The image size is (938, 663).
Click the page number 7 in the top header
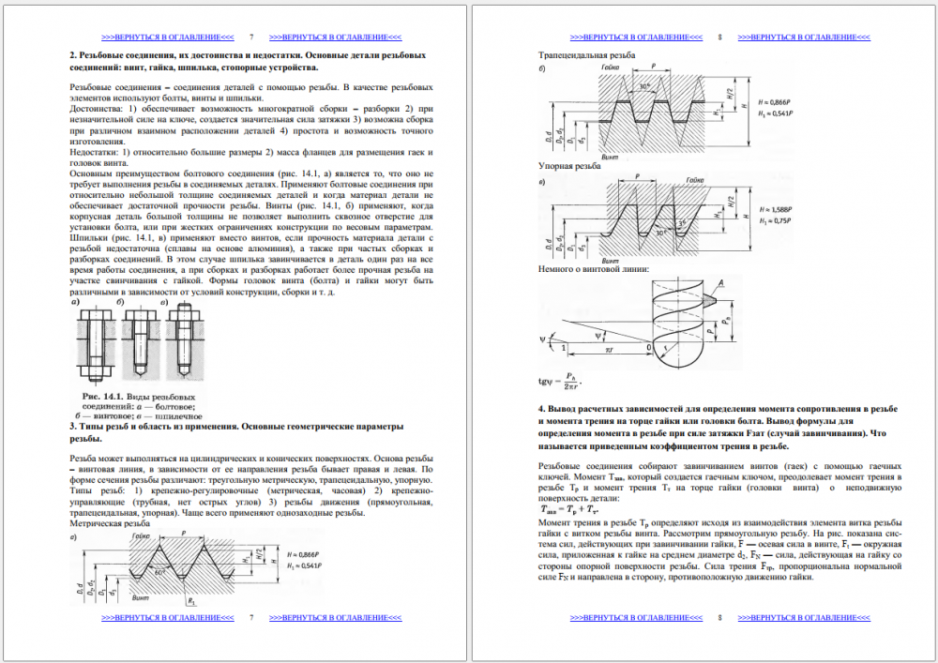251,38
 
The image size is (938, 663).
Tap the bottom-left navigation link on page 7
168,619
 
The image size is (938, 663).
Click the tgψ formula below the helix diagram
561,382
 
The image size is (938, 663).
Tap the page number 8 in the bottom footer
720,619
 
